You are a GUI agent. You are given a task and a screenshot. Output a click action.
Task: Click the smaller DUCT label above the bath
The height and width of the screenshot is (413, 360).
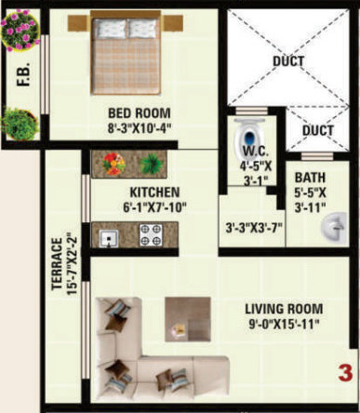coord(318,131)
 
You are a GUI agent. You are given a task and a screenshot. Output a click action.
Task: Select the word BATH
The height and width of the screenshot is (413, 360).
coord(310,179)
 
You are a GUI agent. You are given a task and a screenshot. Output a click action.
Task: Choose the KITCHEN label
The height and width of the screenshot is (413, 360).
coord(155,193)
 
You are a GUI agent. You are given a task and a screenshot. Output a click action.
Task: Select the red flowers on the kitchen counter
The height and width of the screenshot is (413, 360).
coord(115,164)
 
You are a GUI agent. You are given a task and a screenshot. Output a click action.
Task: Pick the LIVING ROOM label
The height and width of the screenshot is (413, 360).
coord(283,309)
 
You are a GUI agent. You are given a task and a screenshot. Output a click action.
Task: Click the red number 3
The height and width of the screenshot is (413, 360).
coord(343,375)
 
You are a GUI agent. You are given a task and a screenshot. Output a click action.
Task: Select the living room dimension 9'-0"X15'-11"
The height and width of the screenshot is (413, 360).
coord(283,325)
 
